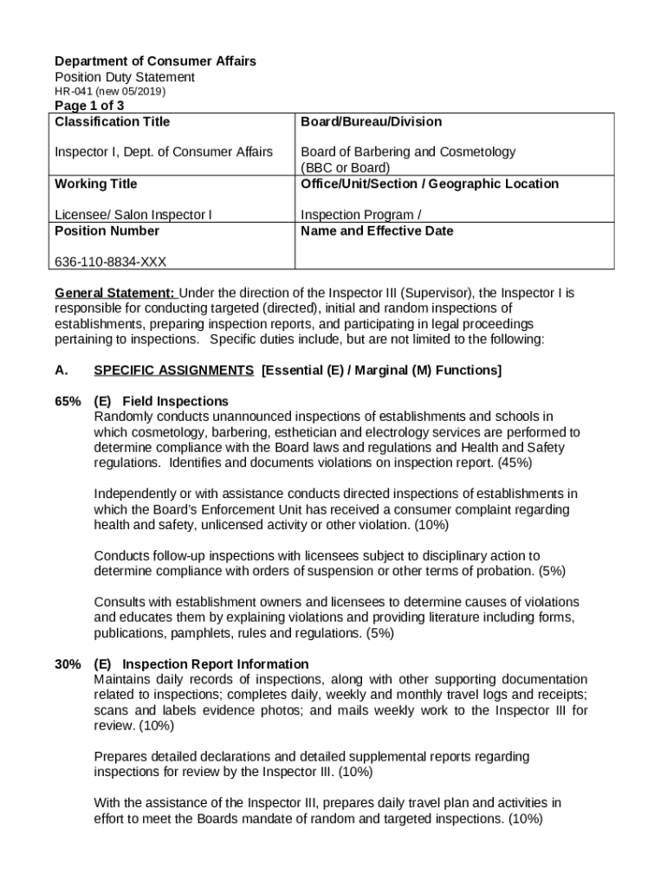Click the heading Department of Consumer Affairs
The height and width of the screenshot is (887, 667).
pos(155,62)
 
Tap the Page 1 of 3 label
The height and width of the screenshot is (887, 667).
pos(83,106)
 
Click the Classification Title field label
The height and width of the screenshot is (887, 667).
pos(113,122)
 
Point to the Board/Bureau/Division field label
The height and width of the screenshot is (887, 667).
pos(371,122)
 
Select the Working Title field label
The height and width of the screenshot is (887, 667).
pos(95,184)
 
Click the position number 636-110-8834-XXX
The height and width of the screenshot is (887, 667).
pos(111,262)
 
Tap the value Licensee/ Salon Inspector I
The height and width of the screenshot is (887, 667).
pos(133,215)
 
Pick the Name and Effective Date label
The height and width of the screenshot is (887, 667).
pos(377,231)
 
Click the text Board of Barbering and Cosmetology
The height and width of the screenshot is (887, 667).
pos(408,152)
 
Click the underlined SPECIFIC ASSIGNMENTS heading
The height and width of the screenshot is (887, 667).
pos(173,371)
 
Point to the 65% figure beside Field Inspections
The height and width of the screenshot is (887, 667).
pos(68,402)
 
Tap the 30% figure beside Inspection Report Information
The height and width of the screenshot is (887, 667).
pos(68,664)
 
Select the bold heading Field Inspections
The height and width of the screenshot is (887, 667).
pos(175,402)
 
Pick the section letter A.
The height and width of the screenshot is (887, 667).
pos(61,371)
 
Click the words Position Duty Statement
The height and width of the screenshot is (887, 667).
pos(125,77)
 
